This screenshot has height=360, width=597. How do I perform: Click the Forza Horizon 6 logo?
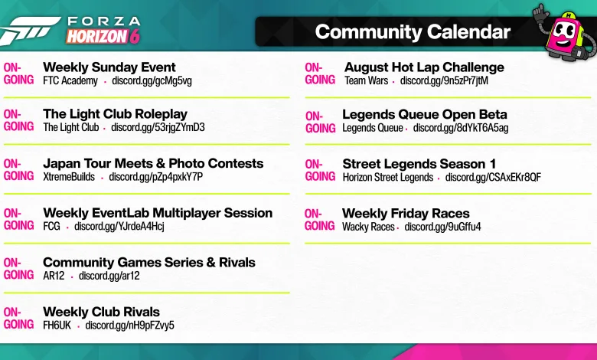pyautogui.click(x=70, y=31)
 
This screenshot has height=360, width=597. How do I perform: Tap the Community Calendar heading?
pyautogui.click(x=413, y=32)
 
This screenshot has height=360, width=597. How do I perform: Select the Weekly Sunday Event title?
pyautogui.click(x=109, y=67)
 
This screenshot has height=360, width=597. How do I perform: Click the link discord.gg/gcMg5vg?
pyautogui.click(x=152, y=80)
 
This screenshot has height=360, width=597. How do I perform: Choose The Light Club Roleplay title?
pyautogui.click(x=115, y=114)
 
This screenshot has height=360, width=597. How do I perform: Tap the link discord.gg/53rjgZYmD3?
pyautogui.click(x=158, y=127)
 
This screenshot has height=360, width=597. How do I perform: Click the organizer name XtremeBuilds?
pyautogui.click(x=69, y=177)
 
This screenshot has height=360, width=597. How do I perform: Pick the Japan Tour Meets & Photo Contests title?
pyautogui.click(x=153, y=163)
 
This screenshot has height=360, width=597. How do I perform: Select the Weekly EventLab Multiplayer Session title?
pyautogui.click(x=158, y=213)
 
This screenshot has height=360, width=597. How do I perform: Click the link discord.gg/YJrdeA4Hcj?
pyautogui.click(x=119, y=226)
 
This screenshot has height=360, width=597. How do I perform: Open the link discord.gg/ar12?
pyautogui.click(x=109, y=276)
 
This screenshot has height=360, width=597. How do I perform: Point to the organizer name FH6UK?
pyautogui.click(x=57, y=326)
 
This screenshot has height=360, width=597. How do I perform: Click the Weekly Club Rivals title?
pyautogui.click(x=101, y=312)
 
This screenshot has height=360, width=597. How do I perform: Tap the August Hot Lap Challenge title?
pyautogui.click(x=424, y=67)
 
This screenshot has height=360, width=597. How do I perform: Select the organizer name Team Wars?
pyautogui.click(x=367, y=80)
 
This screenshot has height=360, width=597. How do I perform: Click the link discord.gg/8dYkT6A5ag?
pyautogui.click(x=461, y=128)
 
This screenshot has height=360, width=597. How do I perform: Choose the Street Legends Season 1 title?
pyautogui.click(x=419, y=164)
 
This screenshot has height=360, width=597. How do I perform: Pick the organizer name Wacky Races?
pyautogui.click(x=368, y=227)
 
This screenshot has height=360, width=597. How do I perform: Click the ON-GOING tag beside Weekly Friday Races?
pyautogui.click(x=319, y=220)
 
